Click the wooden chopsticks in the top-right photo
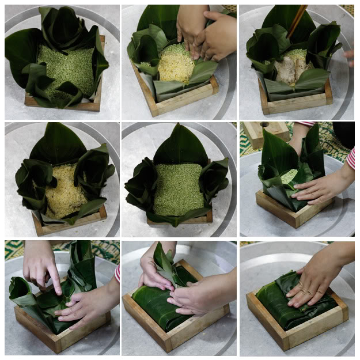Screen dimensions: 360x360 click(297, 20)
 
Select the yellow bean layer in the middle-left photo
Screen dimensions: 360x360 click(64, 190)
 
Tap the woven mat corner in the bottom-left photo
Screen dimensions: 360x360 click(14, 249)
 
